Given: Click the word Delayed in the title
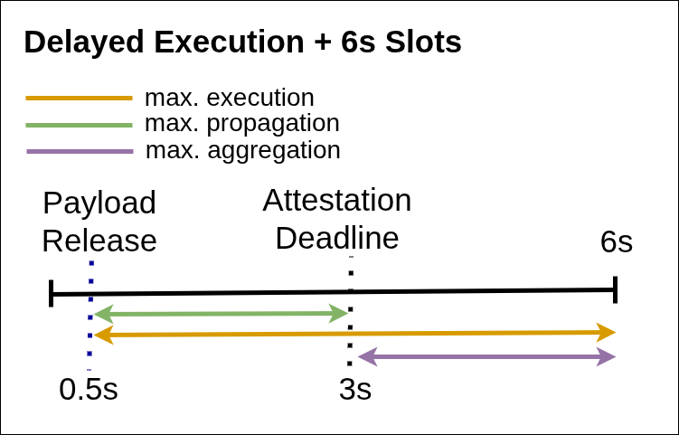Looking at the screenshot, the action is point(84,43).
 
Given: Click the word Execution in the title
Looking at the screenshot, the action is point(230,42).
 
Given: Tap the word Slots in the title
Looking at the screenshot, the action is point(423,42).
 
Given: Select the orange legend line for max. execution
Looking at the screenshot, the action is point(80,99).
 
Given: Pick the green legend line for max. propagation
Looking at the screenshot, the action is point(80,125).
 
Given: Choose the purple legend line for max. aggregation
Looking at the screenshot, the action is point(80,152).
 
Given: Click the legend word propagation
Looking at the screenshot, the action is point(273,124).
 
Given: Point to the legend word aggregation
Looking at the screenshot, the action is point(274,151).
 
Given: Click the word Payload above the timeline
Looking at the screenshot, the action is point(99,203).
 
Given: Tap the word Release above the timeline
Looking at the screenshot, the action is point(99,241).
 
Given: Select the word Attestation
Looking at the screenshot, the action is point(337,200).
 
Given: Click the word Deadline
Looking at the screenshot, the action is point(337,238).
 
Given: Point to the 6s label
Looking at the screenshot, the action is point(617,241).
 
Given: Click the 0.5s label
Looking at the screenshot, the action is point(89,389).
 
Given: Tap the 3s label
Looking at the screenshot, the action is point(355,389).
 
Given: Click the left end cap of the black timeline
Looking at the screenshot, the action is point(52,293).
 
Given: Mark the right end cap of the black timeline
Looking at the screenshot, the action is point(616,289).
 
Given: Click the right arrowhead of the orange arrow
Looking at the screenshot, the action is point(607,332).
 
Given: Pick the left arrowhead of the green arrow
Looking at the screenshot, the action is point(103,314).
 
